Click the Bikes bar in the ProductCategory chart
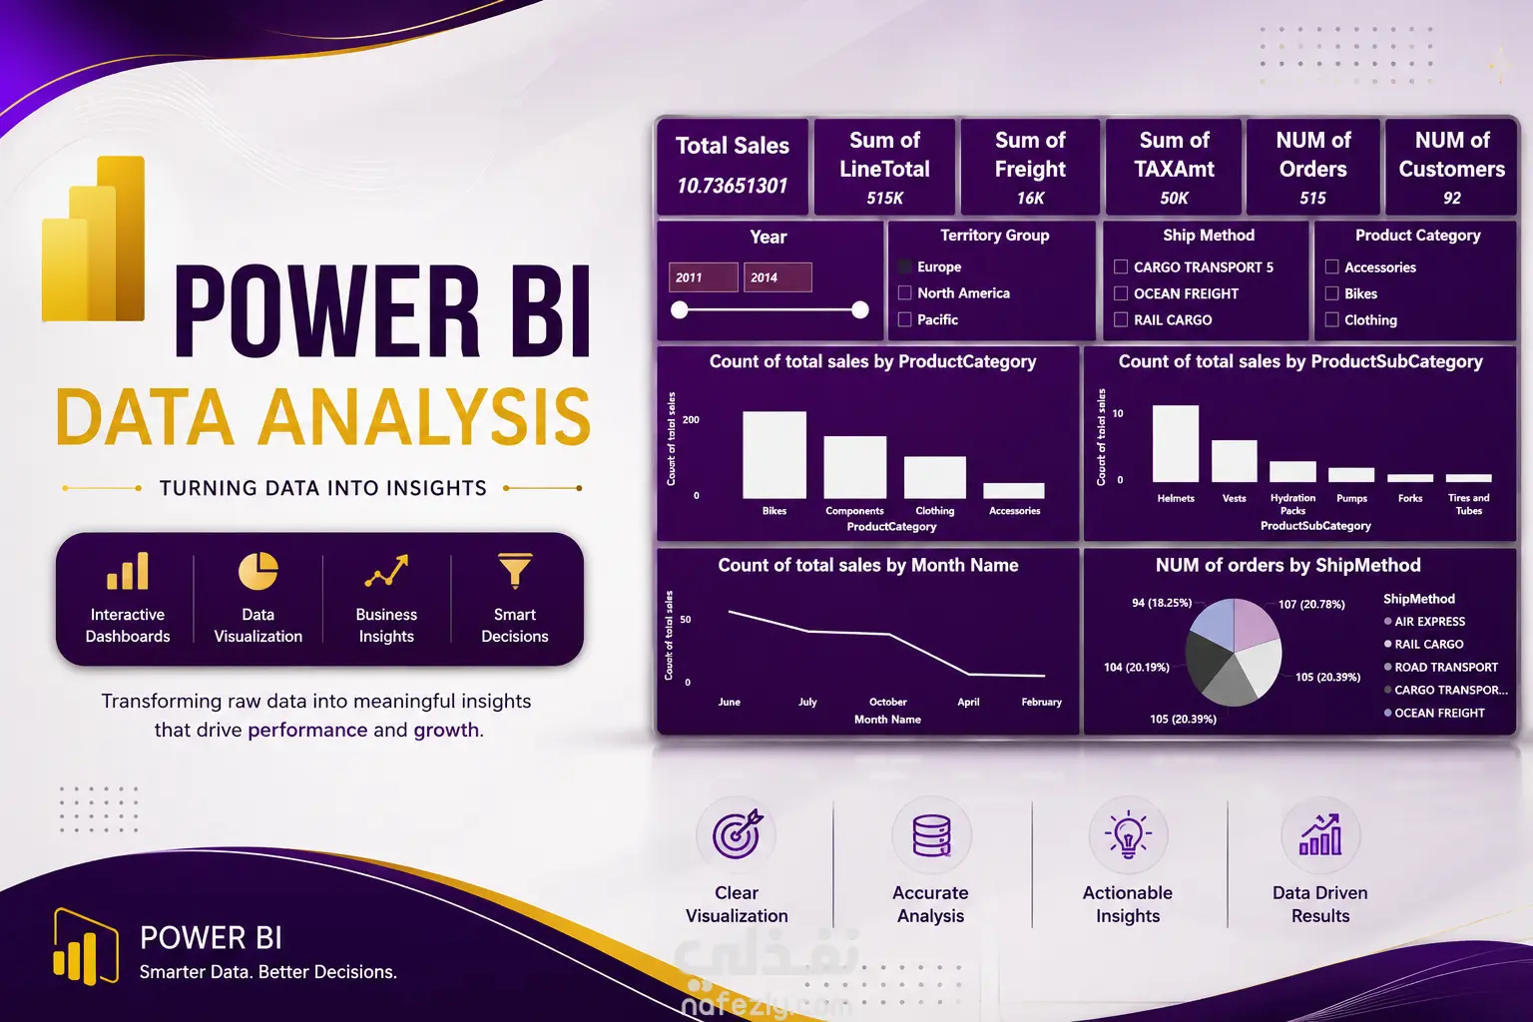(774, 454)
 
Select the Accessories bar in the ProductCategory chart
(1014, 490)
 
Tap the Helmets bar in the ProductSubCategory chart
(1175, 443)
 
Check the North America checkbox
(905, 293)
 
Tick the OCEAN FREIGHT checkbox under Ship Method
(1121, 293)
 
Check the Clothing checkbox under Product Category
(1331, 319)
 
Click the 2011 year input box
(703, 277)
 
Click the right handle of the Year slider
(860, 310)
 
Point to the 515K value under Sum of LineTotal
(884, 198)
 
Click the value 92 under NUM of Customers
(1451, 198)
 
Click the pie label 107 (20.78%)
(1311, 605)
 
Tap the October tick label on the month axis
(887, 702)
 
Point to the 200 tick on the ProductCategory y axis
(691, 419)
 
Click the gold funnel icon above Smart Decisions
(515, 571)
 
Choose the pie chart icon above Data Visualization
(258, 571)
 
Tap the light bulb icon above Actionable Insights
(1127, 834)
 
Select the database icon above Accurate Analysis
(931, 835)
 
